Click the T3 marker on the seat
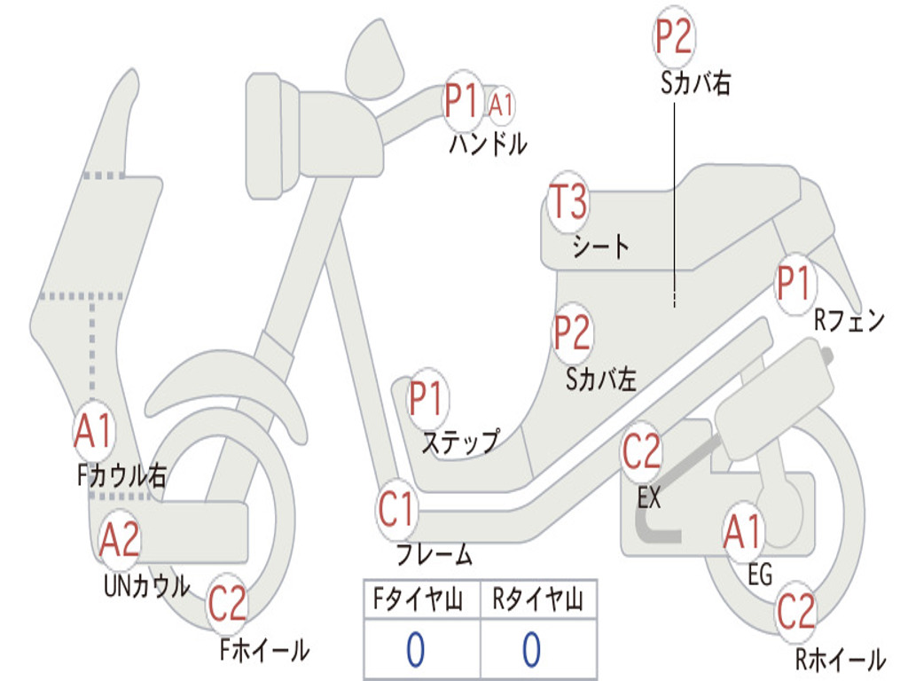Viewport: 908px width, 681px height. click(x=568, y=202)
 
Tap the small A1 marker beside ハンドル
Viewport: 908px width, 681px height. click(x=501, y=105)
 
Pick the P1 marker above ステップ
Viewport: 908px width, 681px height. click(x=427, y=399)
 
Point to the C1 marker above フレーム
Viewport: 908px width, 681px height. click(x=397, y=510)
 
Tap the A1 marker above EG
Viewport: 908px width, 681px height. click(x=743, y=532)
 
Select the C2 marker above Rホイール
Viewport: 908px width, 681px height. click(x=795, y=612)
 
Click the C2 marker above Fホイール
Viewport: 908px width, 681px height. click(x=227, y=604)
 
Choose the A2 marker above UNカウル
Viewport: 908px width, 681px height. click(x=120, y=539)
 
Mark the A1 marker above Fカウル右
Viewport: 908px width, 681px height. click(x=93, y=432)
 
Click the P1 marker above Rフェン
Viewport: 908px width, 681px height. click(x=794, y=284)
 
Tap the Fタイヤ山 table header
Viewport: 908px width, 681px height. click(x=420, y=601)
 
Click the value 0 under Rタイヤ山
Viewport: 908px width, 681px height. click(x=531, y=650)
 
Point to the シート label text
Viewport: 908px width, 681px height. click(x=600, y=246)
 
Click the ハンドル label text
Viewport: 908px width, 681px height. click(x=488, y=144)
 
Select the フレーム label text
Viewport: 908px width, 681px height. click(x=434, y=555)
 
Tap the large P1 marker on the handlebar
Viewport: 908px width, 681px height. click(x=462, y=101)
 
